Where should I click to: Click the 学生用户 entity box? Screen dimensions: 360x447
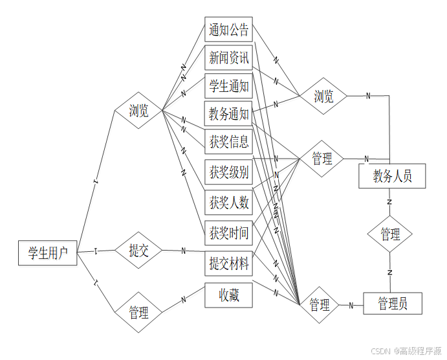click(48, 253)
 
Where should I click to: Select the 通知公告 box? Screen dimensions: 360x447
click(228, 30)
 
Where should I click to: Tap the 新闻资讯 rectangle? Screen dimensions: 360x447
click(228, 58)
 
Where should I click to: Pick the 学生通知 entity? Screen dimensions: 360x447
click(228, 86)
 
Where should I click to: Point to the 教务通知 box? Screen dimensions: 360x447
click(228, 115)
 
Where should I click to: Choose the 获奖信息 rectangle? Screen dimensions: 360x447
click(228, 142)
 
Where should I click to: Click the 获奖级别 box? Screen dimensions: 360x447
click(228, 172)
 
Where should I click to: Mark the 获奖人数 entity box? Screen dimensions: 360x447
click(228, 202)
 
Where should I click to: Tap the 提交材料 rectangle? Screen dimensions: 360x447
click(228, 263)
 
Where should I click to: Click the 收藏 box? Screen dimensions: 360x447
click(228, 296)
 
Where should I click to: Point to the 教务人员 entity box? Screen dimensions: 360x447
click(392, 175)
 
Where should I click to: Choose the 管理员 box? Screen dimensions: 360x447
click(393, 303)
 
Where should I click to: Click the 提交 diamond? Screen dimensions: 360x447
click(138, 251)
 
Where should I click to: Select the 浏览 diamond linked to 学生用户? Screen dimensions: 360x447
click(138, 111)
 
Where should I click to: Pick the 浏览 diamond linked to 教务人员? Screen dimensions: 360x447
click(323, 96)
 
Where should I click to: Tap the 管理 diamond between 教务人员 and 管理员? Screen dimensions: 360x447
click(390, 234)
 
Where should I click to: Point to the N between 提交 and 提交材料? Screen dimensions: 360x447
click(183, 251)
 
